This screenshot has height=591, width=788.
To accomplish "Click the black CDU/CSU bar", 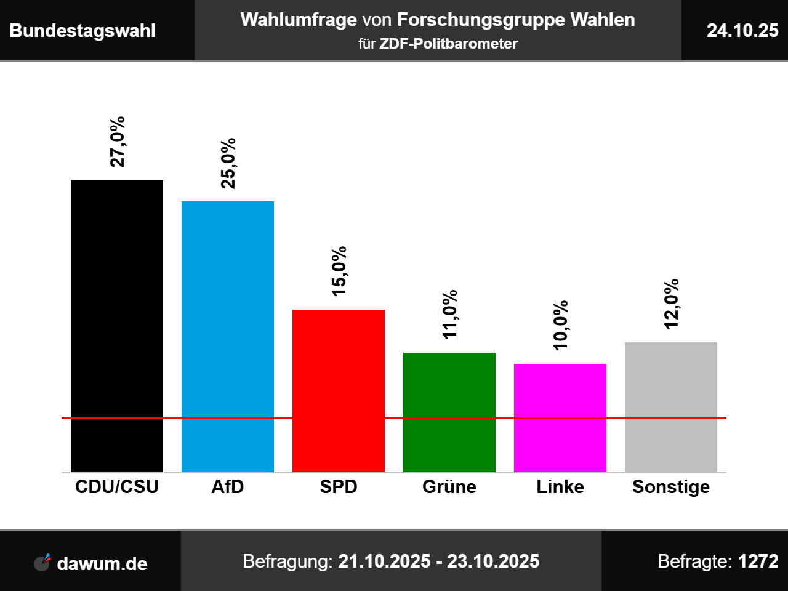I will pos(117,326).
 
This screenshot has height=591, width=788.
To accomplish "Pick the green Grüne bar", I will pos(449,412).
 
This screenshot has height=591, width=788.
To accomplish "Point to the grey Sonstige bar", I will pos(671,407).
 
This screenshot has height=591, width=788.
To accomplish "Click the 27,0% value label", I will pos(117,142).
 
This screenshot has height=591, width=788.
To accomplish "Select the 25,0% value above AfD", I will pos(228,163).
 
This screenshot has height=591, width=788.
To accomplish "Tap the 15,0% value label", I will pos(339,271).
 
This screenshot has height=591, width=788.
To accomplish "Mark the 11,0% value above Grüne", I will pos(449,314).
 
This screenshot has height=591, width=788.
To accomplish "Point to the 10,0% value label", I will pos(560,326).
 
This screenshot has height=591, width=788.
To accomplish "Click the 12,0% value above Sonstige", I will pos(671,304).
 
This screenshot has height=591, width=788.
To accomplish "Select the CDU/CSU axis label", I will pos(117,487).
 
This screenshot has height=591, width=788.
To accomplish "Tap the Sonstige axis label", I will pos(671,487).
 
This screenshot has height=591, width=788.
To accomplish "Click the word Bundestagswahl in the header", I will pos(82,31).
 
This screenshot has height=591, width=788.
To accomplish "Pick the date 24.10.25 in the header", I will pos(742,31).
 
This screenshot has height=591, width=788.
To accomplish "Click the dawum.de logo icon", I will pos(42,562).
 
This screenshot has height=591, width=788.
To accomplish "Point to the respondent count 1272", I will pos(758,561).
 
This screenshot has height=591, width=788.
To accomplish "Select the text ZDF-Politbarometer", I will pos(448,44).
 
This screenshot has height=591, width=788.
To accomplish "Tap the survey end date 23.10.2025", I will pos(493,561).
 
